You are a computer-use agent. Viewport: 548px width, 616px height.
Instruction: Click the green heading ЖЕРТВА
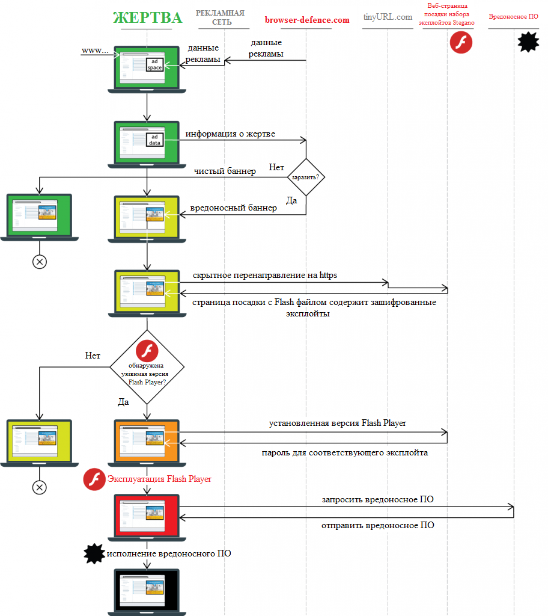click(x=147, y=17)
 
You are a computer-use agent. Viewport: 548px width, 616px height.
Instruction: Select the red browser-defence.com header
click(x=306, y=20)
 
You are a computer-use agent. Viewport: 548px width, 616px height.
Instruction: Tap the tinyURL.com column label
click(x=388, y=17)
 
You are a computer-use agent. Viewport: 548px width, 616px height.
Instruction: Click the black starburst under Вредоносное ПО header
click(x=528, y=42)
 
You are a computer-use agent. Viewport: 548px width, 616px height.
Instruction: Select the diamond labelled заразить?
click(x=306, y=177)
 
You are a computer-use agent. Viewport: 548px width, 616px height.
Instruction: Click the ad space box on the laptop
click(x=155, y=65)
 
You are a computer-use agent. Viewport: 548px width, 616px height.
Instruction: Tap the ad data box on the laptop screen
click(x=155, y=140)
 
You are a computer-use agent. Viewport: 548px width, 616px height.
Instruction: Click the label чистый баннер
click(x=224, y=171)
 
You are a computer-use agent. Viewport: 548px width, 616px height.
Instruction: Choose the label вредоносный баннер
click(x=233, y=208)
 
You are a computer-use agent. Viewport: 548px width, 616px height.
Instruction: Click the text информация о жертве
click(x=230, y=134)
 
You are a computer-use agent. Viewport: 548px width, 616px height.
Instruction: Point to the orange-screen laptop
click(x=147, y=442)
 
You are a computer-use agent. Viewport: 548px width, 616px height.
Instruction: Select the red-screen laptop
click(x=147, y=516)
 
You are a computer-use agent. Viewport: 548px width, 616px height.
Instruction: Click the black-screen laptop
click(x=147, y=591)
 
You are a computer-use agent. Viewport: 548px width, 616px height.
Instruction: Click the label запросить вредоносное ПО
click(x=377, y=500)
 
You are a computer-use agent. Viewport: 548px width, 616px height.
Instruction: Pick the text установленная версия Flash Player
click(x=337, y=423)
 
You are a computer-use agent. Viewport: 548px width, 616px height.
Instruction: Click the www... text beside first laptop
click(x=95, y=51)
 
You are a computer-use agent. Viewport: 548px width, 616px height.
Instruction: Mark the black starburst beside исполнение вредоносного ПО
click(x=94, y=554)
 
